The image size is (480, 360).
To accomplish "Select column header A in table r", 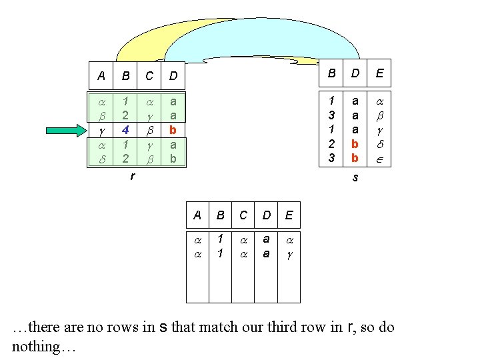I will click(101, 76).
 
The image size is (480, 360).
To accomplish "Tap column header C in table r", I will click(149, 76).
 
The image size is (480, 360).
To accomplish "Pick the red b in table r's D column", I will click(173, 129).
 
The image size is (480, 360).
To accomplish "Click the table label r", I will click(132, 177).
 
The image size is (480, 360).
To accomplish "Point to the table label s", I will click(355, 178).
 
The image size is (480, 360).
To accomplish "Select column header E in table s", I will click(379, 73).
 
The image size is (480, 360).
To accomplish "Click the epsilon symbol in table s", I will click(379, 159).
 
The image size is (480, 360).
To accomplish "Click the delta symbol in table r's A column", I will click(101, 159).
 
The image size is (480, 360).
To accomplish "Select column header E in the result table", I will click(289, 215).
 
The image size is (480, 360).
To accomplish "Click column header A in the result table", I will click(197, 215).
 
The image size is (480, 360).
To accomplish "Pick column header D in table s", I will click(355, 73).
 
